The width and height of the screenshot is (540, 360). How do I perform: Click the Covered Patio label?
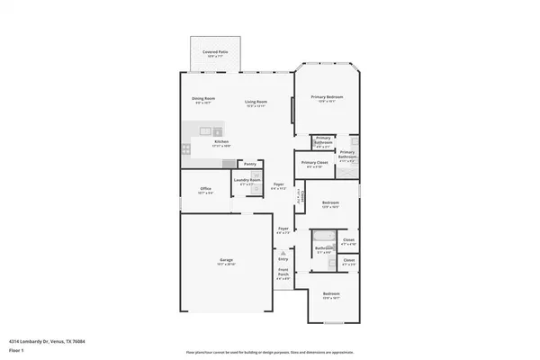point(214,53)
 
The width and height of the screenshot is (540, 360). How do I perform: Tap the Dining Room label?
point(202,98)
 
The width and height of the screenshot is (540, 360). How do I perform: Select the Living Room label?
point(256,102)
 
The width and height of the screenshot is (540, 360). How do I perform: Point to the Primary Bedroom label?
point(328,96)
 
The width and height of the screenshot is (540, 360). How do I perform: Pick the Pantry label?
point(251,164)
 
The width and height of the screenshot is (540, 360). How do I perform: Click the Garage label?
point(226,261)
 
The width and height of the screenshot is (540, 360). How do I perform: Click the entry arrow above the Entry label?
point(283,251)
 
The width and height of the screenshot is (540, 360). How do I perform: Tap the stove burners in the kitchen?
point(185,148)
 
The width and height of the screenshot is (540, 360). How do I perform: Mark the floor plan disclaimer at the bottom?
point(270,353)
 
